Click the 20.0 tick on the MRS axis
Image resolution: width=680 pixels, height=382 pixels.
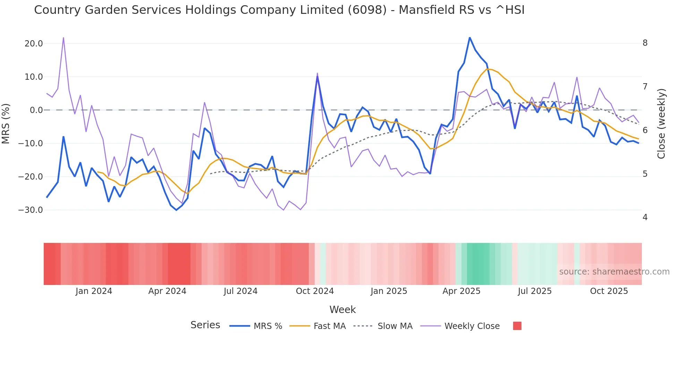coord(34,44)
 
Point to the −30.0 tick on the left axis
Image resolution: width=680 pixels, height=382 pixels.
coord(31,210)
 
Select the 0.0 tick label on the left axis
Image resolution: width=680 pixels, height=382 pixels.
coord(36,110)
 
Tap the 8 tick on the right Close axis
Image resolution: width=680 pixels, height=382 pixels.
coord(645,43)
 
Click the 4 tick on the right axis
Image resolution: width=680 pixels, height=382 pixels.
coord(645,217)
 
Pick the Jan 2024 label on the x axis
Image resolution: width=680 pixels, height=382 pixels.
coord(94,291)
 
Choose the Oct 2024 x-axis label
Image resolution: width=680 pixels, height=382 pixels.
coord(315,291)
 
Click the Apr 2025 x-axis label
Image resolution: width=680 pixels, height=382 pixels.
coord(461,291)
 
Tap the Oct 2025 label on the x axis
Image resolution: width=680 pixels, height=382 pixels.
coord(609,291)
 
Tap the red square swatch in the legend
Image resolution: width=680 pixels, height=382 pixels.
coord(517,326)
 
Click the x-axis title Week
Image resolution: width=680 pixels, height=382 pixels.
coord(342,310)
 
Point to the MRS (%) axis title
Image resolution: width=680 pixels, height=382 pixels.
coord(6,124)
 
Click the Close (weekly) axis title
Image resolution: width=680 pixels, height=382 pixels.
coord(661,124)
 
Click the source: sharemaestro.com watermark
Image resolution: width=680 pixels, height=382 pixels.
coord(614,272)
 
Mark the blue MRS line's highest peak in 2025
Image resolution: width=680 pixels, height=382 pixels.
coord(470,38)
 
